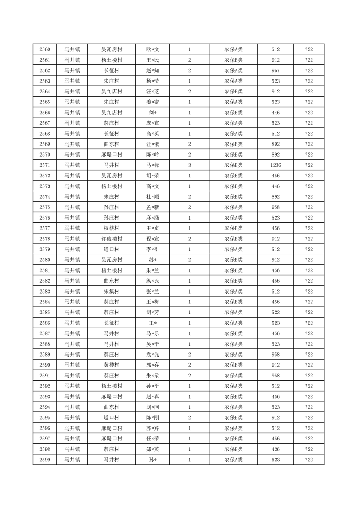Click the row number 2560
[45, 49]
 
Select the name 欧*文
[153, 49]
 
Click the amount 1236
[276, 165]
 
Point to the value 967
[276, 70]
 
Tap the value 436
[276, 449]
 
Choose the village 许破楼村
[111, 239]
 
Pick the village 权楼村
[111, 228]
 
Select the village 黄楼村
[111, 365]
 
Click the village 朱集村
[111, 292]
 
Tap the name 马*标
[153, 165]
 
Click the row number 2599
[45, 460]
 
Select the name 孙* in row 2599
[153, 460]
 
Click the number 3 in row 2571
[189, 165]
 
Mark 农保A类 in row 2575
[233, 207]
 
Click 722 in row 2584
[309, 302]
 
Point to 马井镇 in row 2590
[72, 365]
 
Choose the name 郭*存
[153, 365]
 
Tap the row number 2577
[45, 228]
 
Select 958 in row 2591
[276, 376]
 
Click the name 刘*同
[153, 407]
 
